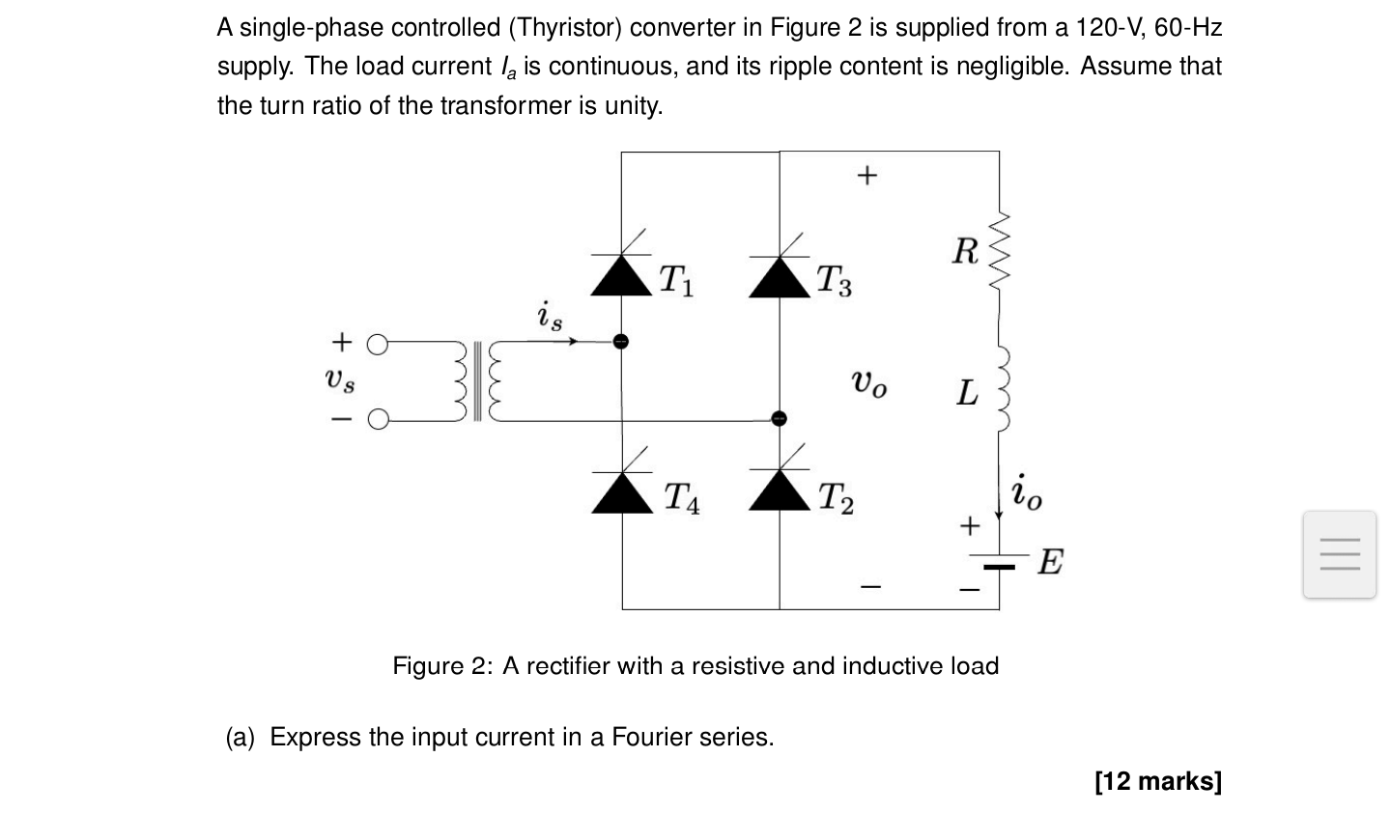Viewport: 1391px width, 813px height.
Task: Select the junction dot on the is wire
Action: coord(621,341)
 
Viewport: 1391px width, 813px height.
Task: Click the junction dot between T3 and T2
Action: coord(779,418)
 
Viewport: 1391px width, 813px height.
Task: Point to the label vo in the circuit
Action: coord(867,384)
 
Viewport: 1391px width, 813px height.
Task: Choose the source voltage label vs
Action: coord(339,380)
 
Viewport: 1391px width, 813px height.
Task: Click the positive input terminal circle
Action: coord(378,343)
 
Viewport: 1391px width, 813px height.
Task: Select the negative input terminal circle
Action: coord(378,419)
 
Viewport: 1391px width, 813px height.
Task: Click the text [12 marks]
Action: coord(1158,780)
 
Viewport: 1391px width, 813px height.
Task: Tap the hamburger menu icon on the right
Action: coord(1339,554)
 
